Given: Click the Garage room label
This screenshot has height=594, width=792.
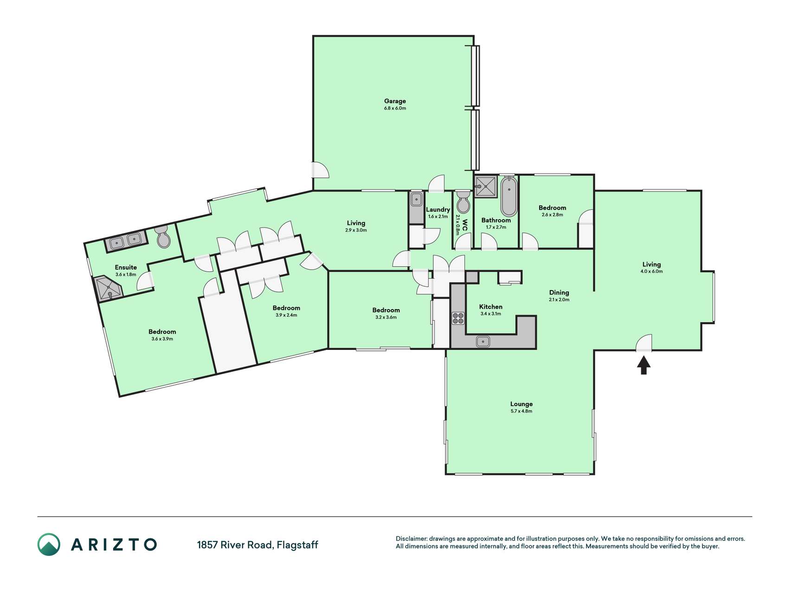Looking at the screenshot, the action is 395,101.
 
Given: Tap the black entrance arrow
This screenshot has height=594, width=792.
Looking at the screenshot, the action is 644,365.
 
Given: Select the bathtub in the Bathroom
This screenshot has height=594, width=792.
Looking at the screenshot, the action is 509,196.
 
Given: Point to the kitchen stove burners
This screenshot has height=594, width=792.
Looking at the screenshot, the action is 458,318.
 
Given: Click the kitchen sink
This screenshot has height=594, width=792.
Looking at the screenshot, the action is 483,342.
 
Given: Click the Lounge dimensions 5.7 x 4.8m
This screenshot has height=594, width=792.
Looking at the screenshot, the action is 521,411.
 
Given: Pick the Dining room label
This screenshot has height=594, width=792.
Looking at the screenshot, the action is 559,292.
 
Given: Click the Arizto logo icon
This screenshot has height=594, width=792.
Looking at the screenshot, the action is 49,544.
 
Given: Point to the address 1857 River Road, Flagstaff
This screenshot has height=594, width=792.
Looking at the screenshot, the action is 258,545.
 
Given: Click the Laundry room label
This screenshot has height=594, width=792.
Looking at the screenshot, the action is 438,210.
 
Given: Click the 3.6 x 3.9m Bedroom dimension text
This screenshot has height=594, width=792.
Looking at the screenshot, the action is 162,339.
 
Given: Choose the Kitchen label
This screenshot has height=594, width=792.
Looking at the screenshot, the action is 491,307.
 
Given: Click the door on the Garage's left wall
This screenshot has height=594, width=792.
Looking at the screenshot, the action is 320,170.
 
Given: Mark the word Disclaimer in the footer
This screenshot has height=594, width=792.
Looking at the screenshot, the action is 411,539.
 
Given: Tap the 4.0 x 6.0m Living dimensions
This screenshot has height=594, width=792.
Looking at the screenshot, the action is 651,271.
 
